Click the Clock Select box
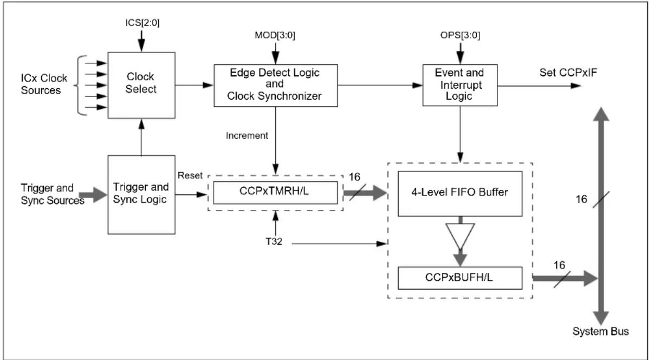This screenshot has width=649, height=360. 141,85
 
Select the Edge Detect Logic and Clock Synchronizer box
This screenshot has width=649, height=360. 276,85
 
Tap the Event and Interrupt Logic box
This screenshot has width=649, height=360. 460,85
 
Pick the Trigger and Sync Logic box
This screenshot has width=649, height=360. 141,194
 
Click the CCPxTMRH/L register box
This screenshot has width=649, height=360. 275,192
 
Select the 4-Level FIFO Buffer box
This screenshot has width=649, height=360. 460,194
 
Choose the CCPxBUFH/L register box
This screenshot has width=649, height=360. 460,278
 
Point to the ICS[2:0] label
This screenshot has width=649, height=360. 142,23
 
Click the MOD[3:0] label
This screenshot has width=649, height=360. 275,36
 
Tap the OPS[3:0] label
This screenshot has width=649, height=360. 460,36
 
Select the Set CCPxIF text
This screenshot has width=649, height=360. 568,73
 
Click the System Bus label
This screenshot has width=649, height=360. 601,331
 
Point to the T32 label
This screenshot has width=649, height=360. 274,241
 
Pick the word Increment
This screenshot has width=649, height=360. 246,136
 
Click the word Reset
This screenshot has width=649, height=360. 190,175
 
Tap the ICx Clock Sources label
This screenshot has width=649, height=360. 44,84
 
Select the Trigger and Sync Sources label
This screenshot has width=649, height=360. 53,194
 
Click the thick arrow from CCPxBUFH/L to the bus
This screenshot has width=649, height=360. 566,278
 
